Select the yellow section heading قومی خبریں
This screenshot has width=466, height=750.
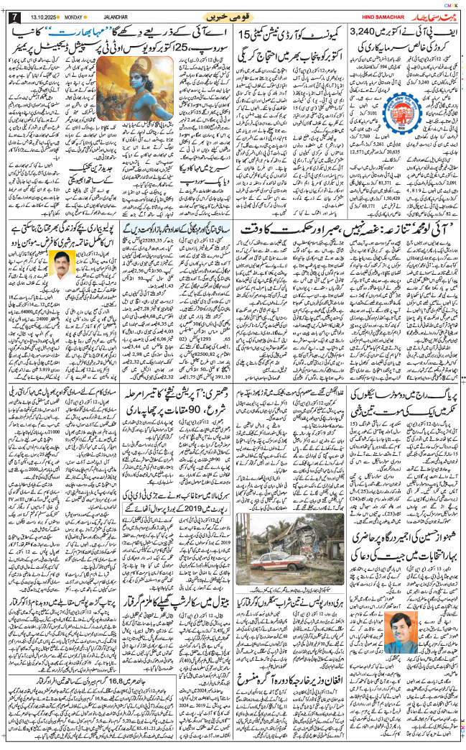pos(233,16)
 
